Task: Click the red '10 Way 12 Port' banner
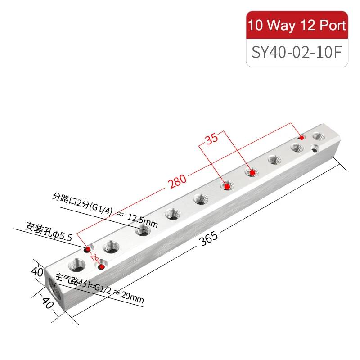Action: (x=297, y=25)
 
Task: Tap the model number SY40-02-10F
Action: (x=297, y=52)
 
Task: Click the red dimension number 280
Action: (x=177, y=181)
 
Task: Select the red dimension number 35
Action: (x=212, y=139)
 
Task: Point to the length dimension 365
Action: (x=208, y=238)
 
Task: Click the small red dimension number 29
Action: (x=94, y=257)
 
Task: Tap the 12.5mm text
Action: (x=143, y=220)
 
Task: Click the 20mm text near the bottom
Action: (x=132, y=297)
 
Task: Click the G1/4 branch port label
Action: (x=101, y=208)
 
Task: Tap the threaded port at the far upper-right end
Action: (x=319, y=137)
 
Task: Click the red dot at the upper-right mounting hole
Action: (x=301, y=138)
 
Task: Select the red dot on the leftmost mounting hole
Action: (x=88, y=249)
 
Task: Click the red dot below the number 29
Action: (x=101, y=267)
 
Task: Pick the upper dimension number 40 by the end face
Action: (x=37, y=272)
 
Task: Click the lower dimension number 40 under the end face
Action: (x=48, y=303)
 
